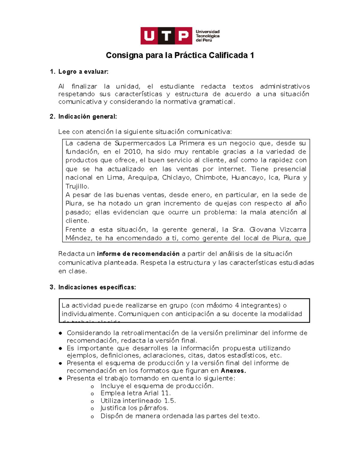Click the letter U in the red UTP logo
pos(149,36)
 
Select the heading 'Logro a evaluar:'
pos(83,72)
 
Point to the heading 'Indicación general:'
pos(87,117)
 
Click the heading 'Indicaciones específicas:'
pos(97,287)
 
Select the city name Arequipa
pos(143,178)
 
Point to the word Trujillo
pos(77,186)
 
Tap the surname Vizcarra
pos(293,230)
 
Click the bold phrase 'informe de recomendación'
pos(138,254)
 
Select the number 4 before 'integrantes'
pos(237,305)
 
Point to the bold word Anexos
pos(233,371)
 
